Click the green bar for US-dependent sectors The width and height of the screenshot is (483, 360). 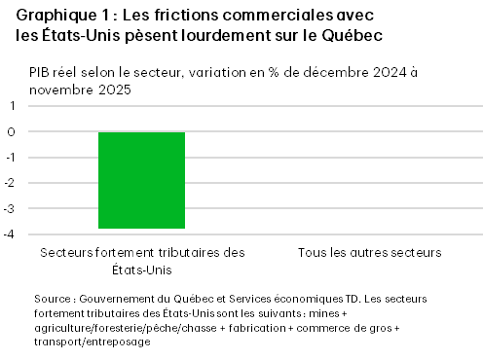pyautogui.click(x=141, y=180)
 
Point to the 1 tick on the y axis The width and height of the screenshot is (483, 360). pyautogui.click(x=13, y=105)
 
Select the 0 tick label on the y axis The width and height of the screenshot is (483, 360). pyautogui.click(x=13, y=131)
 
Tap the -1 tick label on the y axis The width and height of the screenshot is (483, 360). pyautogui.click(x=11, y=157)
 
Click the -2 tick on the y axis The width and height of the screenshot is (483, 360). pyautogui.click(x=11, y=183)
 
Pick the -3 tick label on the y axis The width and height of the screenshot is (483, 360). pyautogui.click(x=11, y=208)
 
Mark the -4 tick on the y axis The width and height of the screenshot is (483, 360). pyautogui.click(x=11, y=234)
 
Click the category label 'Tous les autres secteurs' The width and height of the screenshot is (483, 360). pyautogui.click(x=370, y=253)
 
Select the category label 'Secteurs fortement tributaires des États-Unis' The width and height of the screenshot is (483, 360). pyautogui.click(x=142, y=261)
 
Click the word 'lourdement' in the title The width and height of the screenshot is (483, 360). pyautogui.click(x=222, y=37)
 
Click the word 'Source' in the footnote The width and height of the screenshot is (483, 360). pyautogui.click(x=51, y=300)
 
